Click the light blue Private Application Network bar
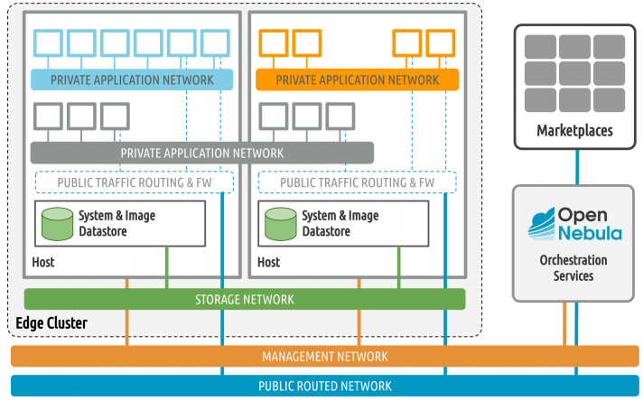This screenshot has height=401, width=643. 132,79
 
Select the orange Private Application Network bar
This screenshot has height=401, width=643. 357,79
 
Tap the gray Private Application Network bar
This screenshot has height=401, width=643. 202,153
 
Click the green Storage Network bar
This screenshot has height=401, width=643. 244,299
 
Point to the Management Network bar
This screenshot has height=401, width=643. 324,356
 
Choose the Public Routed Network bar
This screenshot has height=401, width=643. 324,386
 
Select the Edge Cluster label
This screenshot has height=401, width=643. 51,323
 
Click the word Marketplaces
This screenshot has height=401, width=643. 574,131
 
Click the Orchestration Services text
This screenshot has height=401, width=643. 574,267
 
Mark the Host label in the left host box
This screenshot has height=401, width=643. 42,262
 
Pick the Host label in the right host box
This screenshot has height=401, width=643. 268,262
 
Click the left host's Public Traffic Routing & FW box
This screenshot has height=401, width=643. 134,182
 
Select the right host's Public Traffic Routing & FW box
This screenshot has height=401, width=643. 357,182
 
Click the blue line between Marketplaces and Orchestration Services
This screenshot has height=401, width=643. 576,167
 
